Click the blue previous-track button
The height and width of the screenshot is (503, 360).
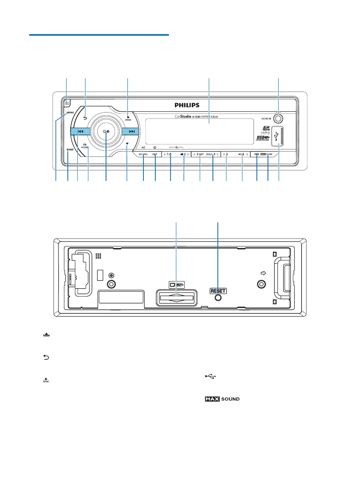point(81,131)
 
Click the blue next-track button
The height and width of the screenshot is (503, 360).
point(132,131)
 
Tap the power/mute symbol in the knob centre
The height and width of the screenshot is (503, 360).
point(106,132)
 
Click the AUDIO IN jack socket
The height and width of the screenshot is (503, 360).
point(278,119)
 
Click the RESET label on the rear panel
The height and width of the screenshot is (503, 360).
point(218,291)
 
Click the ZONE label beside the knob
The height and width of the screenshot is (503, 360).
point(128,119)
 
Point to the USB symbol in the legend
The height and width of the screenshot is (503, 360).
point(210,377)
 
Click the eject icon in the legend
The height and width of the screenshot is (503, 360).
point(46,335)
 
